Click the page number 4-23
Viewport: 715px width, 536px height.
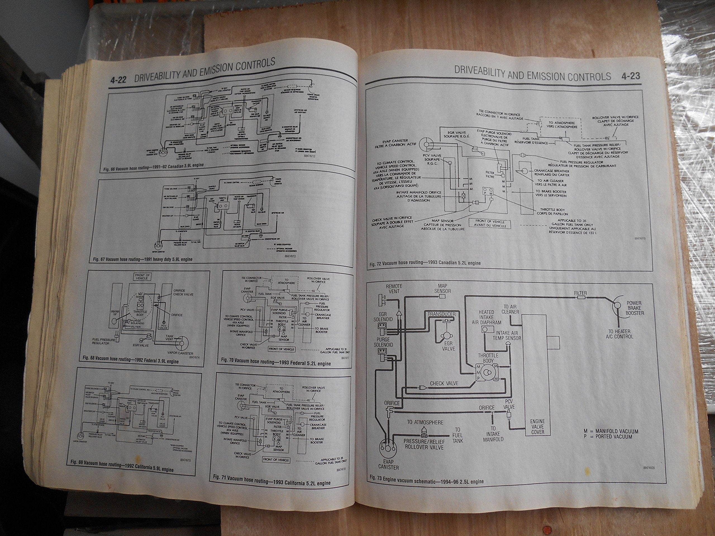tap(630, 76)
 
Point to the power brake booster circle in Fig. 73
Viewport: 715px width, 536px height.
tap(618, 305)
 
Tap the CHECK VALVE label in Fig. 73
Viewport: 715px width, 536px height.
tap(444, 384)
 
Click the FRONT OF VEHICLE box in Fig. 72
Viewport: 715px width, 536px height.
tap(490, 224)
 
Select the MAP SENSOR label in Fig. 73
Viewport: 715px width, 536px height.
tap(442, 288)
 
